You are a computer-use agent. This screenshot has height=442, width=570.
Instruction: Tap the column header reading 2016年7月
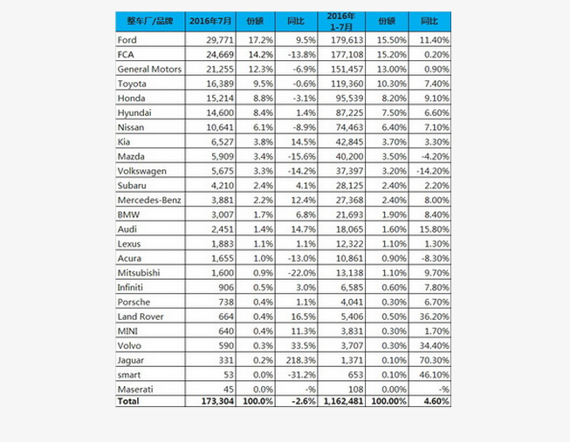208,20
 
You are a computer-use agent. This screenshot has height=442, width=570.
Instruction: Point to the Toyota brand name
132,83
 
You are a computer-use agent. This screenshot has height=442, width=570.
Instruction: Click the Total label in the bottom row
128,401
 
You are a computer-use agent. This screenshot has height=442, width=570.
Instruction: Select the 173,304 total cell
210,401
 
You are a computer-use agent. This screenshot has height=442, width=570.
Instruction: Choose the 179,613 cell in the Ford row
345,40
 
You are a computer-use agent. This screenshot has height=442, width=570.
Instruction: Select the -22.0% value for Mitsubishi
298,272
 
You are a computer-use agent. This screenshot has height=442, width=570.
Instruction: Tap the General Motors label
148,69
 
